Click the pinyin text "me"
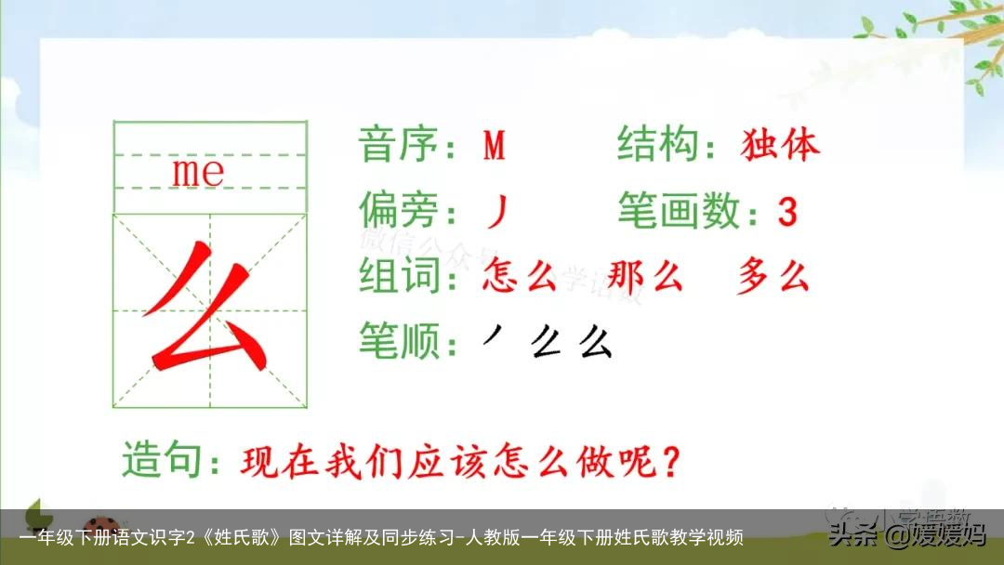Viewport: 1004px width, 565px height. click(x=198, y=171)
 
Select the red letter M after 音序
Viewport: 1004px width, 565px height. click(x=495, y=146)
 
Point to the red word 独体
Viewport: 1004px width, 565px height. click(x=781, y=145)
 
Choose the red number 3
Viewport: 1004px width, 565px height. click(x=786, y=213)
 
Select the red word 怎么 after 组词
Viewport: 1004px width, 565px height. click(x=520, y=276)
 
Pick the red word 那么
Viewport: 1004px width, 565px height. click(x=645, y=276)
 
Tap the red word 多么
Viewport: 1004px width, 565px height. click(x=773, y=276)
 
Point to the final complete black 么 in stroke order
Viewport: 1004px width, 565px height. click(x=595, y=343)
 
